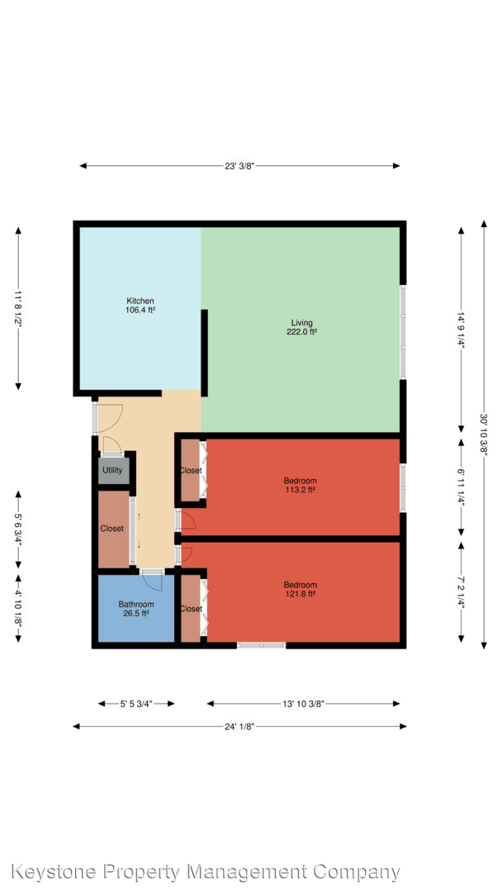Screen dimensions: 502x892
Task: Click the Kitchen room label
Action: pos(140,301)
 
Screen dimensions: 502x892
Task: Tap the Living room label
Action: pos(301,323)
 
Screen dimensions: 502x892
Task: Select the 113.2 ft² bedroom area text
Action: pos(301,489)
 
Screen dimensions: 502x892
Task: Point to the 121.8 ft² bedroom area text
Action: pos(301,593)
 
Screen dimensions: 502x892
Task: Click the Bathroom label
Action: pos(136,604)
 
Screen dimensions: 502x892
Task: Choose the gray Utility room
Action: pos(114,471)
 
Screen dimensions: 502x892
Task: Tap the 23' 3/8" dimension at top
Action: pos(239,166)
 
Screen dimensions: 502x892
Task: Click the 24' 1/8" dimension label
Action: pos(239,726)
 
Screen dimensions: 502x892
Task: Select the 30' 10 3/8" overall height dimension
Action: pos(484,434)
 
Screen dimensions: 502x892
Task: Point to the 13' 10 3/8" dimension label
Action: pos(303,704)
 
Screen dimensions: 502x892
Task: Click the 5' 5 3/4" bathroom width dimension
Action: pos(136,704)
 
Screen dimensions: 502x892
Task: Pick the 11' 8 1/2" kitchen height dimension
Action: pos(18,307)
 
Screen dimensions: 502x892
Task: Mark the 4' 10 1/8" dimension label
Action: pos(18,608)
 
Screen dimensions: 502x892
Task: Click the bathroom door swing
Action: pos(153,581)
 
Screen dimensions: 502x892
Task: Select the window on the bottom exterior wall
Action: pos(261,645)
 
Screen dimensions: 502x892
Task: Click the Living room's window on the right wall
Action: pos(403,332)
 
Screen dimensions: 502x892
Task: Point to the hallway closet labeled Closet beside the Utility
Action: pos(113,529)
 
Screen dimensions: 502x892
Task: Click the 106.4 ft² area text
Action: pos(140,311)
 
